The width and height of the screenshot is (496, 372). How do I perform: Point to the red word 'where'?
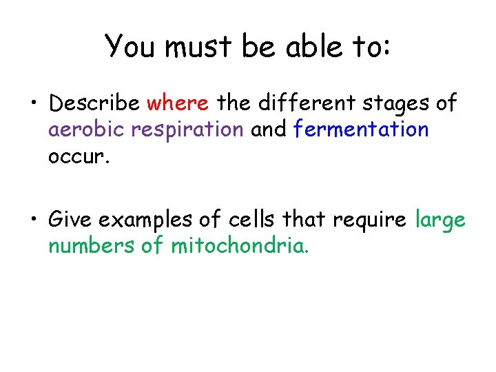pos(178,103)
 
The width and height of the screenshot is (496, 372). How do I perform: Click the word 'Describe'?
pos(96,103)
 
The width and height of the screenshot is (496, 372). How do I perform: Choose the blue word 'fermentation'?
pos(360,129)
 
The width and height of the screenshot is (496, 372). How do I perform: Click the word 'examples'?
pos(143,220)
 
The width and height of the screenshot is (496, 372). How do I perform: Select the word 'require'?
pos(371,220)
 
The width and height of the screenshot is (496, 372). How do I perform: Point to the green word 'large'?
pos(441,220)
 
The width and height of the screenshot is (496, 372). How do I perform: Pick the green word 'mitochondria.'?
pos(239,245)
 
